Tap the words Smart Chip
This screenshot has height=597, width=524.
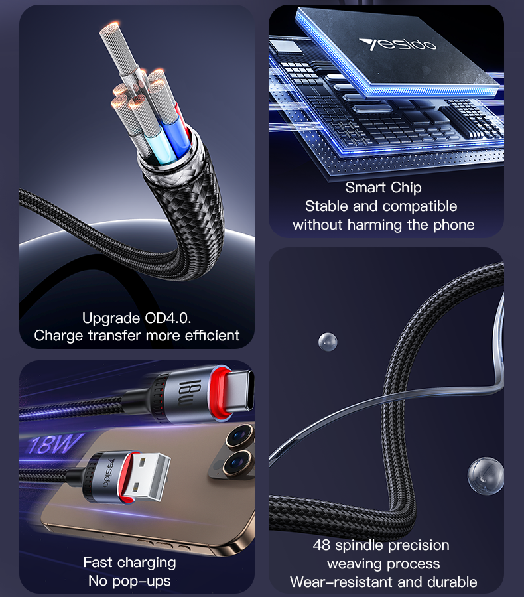point(383,188)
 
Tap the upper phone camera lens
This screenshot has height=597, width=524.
point(236,438)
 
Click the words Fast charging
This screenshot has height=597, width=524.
point(129,563)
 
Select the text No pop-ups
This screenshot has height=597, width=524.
point(129,581)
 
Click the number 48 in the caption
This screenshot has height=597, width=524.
point(322,545)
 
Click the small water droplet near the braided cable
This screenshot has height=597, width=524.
point(328,342)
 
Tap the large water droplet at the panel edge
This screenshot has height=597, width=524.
point(485,476)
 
